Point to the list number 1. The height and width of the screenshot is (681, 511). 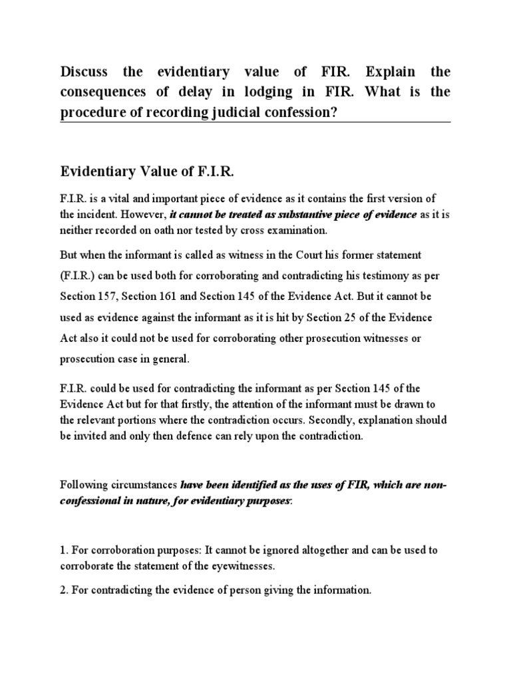(x=63, y=552)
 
